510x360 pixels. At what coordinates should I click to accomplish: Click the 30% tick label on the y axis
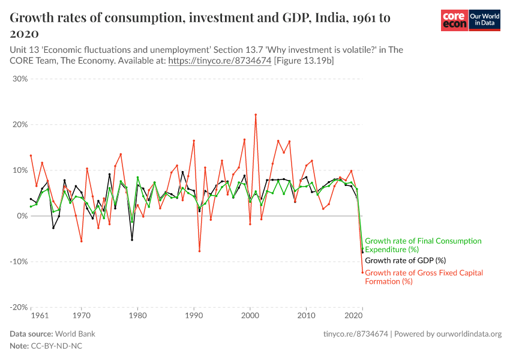coord(19,79)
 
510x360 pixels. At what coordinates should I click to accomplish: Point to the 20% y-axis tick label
coord(19,125)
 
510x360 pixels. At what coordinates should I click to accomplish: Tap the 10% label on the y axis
coord(19,170)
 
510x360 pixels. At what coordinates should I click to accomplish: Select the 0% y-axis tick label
coord(21,216)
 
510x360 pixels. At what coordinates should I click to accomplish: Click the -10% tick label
coord(18,262)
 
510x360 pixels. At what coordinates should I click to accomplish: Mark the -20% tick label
coord(18,307)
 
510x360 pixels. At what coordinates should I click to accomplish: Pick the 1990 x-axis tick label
coord(194,315)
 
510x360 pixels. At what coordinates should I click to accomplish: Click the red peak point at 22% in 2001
coord(256,115)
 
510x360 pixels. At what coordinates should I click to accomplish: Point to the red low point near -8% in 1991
coord(199,251)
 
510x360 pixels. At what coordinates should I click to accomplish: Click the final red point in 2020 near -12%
coord(362,272)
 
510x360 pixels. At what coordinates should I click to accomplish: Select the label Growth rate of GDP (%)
coord(406,261)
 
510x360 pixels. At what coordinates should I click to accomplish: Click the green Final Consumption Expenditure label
coord(422,245)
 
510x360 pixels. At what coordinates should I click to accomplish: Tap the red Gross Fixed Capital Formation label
coord(424,277)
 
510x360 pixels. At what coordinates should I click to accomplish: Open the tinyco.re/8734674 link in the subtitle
coord(220,61)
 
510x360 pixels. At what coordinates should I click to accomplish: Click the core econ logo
coord(454,21)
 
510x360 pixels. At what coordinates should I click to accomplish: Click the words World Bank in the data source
coord(75,334)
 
